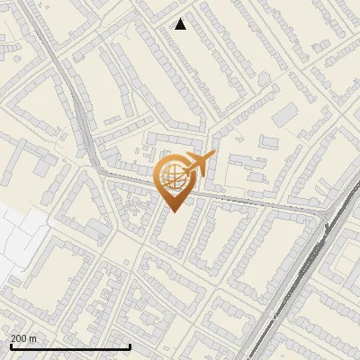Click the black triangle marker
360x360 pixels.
(181, 24)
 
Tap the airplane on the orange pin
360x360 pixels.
(197, 164)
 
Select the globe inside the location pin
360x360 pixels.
(175, 177)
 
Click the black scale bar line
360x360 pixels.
(70, 347)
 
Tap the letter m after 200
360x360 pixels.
(33, 338)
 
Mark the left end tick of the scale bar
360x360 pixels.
(11, 346)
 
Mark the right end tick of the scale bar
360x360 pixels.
(130, 346)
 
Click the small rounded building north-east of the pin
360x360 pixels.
(264, 79)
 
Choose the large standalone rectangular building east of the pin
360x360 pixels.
(285, 115)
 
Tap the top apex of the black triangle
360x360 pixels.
(181, 19)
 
